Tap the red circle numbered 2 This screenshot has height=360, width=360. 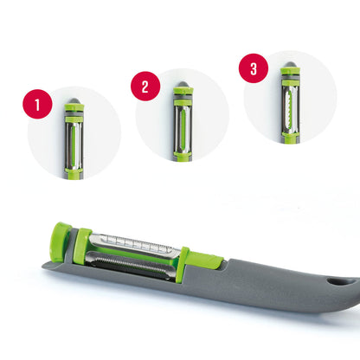(145, 87)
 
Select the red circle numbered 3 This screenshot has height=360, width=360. (254, 70)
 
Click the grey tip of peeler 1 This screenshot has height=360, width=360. (75, 101)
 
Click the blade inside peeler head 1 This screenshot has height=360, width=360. (75, 138)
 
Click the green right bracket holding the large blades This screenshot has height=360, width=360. (183, 266)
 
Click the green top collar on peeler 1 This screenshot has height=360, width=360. (75, 112)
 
